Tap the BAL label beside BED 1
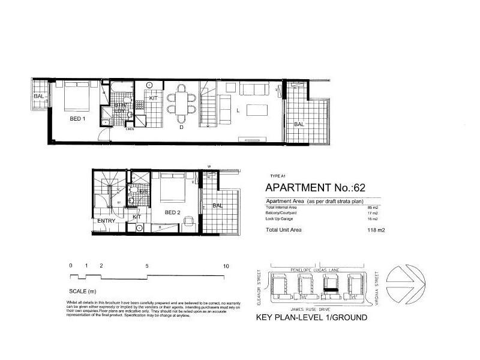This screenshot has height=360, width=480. (x=38, y=96)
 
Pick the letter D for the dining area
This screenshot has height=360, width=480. (x=180, y=127)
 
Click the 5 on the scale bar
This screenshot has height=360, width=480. (x=147, y=265)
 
